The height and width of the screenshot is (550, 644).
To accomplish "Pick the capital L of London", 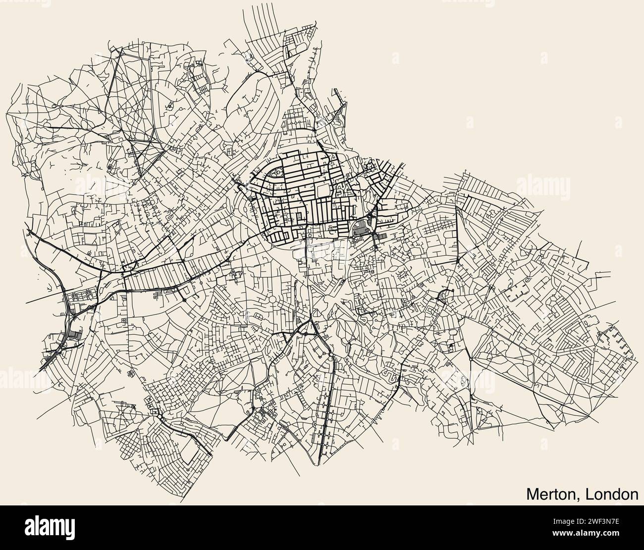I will coord(589,494).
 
